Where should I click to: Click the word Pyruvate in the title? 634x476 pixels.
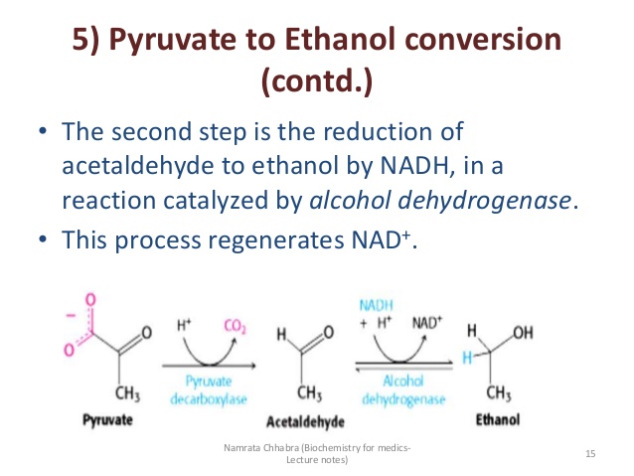[173, 40]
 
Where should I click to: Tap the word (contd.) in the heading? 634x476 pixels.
[317, 80]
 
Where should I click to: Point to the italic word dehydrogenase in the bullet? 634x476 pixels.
[484, 201]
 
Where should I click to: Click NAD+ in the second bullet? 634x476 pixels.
[382, 239]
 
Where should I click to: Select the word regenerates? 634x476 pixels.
[275, 241]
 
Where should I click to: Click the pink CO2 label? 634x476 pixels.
[235, 326]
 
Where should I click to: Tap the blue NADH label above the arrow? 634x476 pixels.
[376, 306]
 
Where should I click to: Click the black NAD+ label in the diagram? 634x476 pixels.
[427, 323]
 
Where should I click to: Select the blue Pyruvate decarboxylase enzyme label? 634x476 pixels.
[209, 391]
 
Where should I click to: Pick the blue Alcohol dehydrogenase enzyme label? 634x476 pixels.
[403, 391]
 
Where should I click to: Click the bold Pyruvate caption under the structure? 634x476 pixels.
[107, 420]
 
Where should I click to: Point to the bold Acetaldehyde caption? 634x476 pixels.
[305, 421]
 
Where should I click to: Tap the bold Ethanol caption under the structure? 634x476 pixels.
[498, 419]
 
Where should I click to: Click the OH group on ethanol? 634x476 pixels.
[524, 333]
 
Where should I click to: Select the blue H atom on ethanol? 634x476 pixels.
[467, 358]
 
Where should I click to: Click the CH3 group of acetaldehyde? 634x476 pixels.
[309, 394]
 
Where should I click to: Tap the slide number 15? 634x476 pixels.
[590, 454]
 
